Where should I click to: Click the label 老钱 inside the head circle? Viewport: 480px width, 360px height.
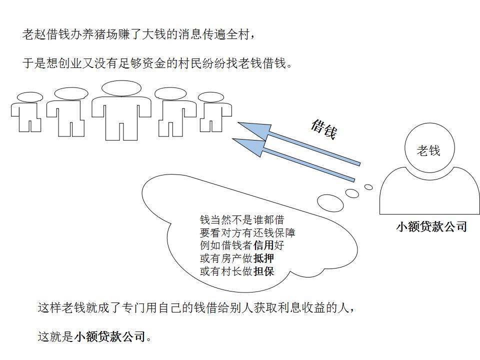[428, 150]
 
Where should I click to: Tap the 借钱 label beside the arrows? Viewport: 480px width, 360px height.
[323, 129]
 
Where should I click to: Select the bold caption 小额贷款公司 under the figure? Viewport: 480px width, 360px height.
[431, 226]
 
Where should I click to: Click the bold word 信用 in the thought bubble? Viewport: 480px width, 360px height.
[264, 245]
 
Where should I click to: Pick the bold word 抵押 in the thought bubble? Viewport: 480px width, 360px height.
[264, 258]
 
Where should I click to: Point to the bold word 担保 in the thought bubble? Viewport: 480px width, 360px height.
[264, 271]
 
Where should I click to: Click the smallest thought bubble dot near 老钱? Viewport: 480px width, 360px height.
[368, 187]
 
